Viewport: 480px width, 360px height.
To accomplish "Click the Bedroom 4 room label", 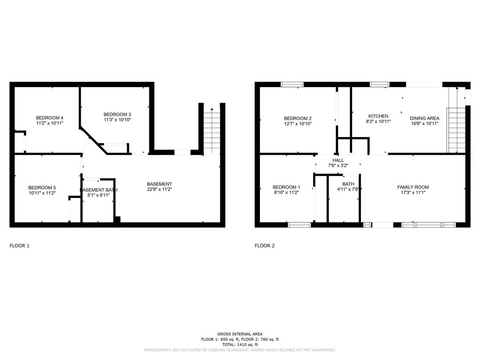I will [x=50, y=118].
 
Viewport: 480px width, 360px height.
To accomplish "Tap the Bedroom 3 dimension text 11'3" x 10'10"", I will [x=117, y=120].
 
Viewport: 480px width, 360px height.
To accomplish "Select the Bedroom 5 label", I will [x=42, y=188].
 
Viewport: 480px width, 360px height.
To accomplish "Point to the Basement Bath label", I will [x=99, y=190].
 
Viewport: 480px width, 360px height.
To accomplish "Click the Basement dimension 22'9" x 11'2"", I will [x=159, y=189].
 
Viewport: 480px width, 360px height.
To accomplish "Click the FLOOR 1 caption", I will [x=19, y=246].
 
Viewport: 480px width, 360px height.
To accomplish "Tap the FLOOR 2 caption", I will [x=265, y=246].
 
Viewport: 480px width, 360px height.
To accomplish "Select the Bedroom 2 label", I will [x=298, y=118].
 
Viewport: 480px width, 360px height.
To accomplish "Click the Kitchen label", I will [x=378, y=116].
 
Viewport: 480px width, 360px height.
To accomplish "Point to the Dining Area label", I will [x=424, y=118].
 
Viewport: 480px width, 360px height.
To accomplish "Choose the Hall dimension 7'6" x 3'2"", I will [x=338, y=165].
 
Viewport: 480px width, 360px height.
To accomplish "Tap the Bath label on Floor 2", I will [x=348, y=184].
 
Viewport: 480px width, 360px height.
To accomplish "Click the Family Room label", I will [x=413, y=187].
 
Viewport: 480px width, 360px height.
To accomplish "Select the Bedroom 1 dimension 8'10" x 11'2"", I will [x=286, y=192].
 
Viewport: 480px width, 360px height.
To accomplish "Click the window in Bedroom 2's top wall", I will [x=292, y=84].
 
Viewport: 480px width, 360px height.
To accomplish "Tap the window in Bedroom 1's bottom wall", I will [x=299, y=225].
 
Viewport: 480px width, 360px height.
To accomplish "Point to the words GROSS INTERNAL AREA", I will [x=240, y=334].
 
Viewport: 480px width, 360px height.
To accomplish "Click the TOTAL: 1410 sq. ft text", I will [x=240, y=345].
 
